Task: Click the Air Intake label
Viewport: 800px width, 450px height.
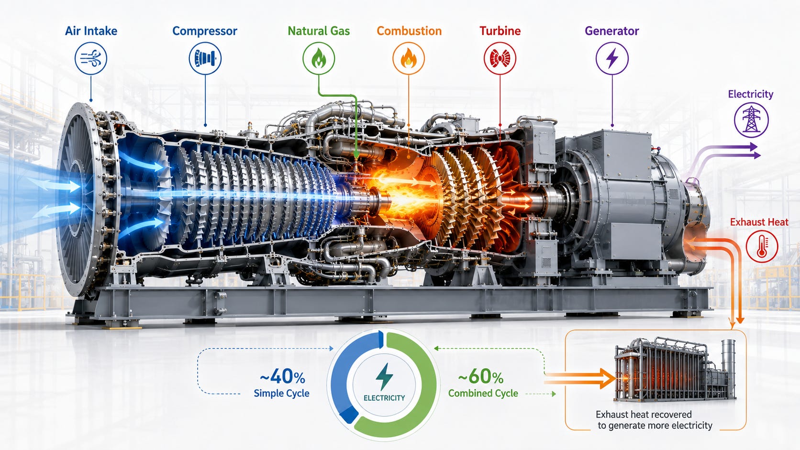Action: (91, 31)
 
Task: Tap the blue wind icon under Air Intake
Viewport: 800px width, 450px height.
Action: (91, 58)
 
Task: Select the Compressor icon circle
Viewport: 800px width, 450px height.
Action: (205, 58)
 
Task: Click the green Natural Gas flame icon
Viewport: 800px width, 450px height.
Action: (319, 58)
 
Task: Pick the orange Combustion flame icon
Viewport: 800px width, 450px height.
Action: (409, 58)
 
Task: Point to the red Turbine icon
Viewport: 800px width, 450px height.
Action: (500, 58)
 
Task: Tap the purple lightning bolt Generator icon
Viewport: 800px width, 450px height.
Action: (612, 58)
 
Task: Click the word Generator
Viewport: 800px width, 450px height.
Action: (612, 31)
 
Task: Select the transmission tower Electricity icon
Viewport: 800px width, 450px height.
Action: (751, 120)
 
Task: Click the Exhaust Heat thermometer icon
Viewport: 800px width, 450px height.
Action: (762, 246)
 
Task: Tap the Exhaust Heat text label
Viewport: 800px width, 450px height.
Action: (759, 222)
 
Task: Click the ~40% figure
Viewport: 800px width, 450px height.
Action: (282, 376)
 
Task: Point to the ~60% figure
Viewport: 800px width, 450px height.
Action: (481, 376)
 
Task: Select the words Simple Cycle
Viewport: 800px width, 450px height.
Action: (281, 393)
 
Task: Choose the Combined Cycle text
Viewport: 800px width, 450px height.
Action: (483, 393)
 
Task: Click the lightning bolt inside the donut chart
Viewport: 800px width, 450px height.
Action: (384, 377)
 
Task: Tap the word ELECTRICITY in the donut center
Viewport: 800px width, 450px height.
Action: (384, 398)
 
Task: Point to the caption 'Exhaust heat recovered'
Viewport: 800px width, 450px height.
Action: (644, 414)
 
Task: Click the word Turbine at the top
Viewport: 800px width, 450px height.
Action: (500, 31)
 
